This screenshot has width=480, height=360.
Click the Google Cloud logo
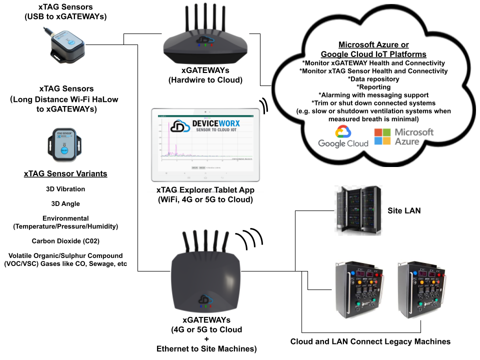coord(343,136)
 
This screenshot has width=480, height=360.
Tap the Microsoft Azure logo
coord(404,136)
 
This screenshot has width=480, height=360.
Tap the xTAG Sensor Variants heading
coord(65,174)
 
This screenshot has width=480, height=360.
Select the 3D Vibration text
coord(65,189)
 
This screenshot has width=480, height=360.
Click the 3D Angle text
coord(65,203)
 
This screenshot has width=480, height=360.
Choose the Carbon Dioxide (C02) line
coord(65,241)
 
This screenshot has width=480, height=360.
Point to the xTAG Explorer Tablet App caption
coord(205,195)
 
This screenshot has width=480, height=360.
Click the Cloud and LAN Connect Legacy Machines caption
coord(370,341)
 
